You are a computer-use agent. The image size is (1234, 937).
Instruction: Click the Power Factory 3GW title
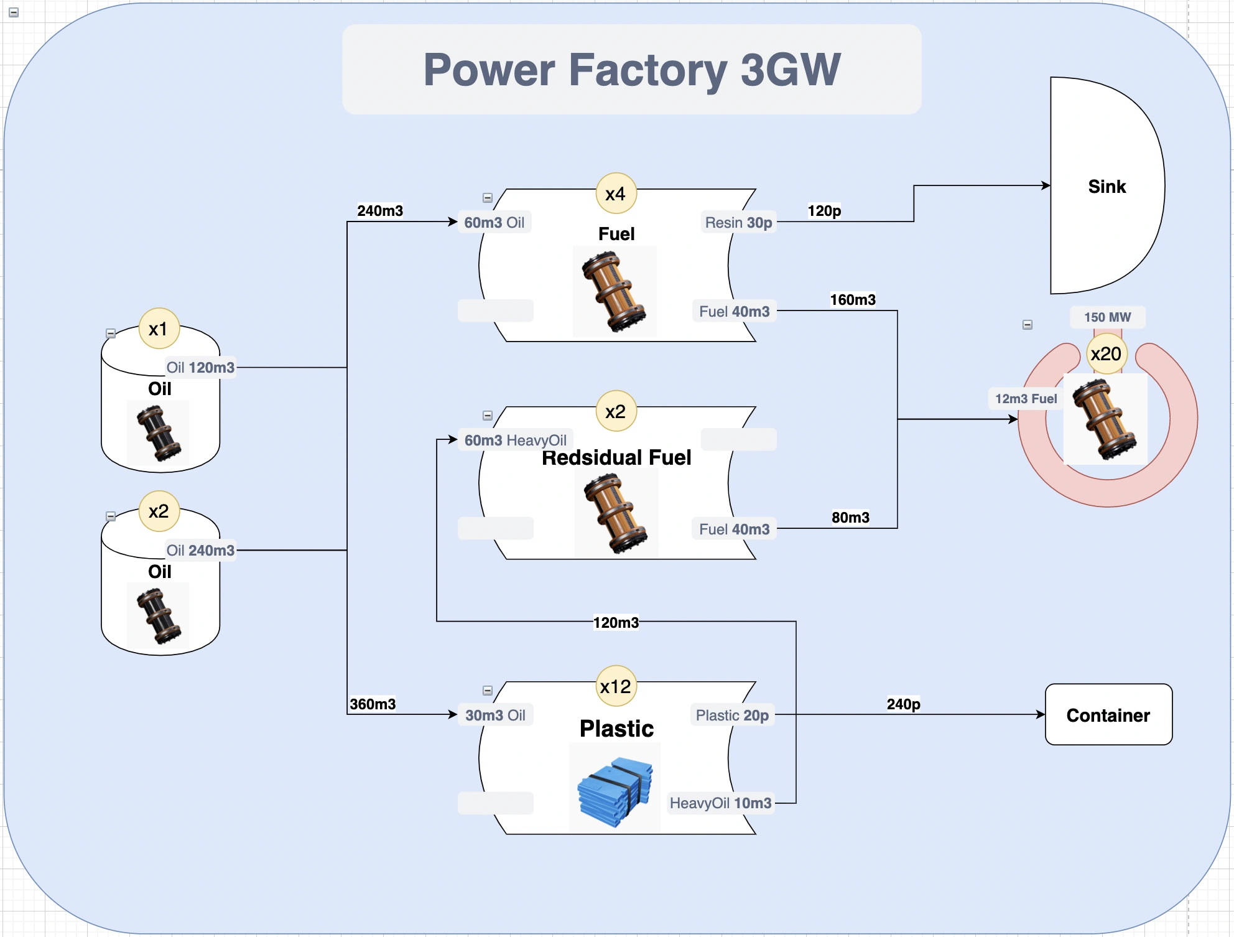click(x=631, y=70)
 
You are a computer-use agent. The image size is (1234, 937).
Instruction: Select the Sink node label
click(x=1106, y=187)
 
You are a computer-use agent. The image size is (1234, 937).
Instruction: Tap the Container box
click(x=1108, y=715)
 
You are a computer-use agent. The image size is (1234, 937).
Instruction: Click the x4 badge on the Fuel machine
click(x=616, y=193)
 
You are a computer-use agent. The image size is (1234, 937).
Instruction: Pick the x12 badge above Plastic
click(x=616, y=686)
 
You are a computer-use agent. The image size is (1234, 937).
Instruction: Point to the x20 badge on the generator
click(x=1106, y=354)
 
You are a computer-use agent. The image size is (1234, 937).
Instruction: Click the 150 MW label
click(x=1107, y=317)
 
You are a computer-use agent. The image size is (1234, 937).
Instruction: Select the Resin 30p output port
click(x=738, y=223)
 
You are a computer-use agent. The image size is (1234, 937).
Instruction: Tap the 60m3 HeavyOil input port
click(x=515, y=441)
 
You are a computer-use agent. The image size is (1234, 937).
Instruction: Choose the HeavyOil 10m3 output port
click(x=720, y=803)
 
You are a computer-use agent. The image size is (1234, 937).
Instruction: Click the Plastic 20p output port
click(x=732, y=716)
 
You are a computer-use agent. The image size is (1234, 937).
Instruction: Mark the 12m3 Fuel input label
click(x=1026, y=399)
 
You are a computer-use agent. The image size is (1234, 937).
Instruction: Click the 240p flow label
click(x=903, y=704)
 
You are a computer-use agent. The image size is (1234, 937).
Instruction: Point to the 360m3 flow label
click(x=373, y=704)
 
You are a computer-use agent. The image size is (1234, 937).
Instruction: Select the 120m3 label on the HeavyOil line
click(x=616, y=623)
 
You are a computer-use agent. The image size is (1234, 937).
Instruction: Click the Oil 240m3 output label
click(x=200, y=551)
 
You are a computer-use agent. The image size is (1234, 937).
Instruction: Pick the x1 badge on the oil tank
click(x=159, y=329)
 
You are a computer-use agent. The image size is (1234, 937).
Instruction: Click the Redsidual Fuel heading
click(x=616, y=458)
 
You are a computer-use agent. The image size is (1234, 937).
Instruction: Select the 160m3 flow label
click(x=853, y=300)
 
